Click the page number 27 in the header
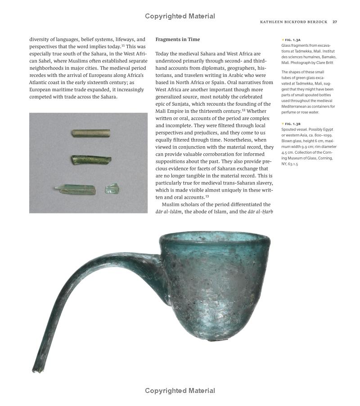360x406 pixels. pyautogui.click(x=335, y=22)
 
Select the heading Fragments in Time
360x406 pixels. pyautogui.click(x=177, y=40)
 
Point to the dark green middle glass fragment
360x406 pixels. pyautogui.click(x=91, y=159)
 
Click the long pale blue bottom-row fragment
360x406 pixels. pyautogui.click(x=76, y=189)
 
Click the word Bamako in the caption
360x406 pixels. pyautogui.click(x=327, y=57)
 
